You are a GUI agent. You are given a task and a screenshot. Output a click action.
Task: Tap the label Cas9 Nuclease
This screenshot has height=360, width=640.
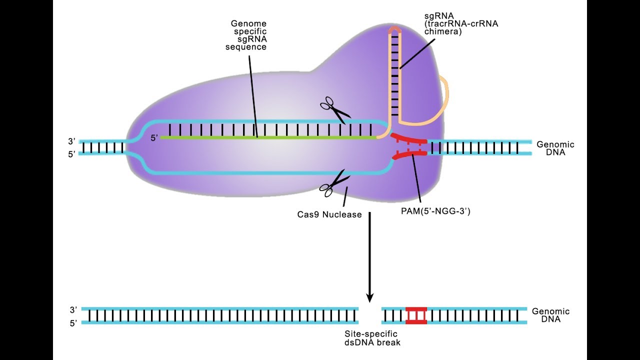coord(329,215)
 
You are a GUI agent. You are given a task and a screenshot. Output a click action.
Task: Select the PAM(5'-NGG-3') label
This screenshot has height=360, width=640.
coord(435,211)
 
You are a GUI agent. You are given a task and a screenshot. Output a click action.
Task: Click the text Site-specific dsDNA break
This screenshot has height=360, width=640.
coord(371,338)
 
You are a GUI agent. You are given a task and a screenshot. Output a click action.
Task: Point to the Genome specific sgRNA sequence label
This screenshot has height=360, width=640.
coord(248,35)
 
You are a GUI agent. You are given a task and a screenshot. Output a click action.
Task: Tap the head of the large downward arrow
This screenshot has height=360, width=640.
coord(370,297)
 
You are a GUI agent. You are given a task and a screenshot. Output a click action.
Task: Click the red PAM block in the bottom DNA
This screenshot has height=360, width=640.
coord(416,315)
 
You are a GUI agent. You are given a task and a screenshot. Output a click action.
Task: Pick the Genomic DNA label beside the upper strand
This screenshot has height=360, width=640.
coord(555,148)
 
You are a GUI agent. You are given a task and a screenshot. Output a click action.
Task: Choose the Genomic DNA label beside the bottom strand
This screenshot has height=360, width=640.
coord(550,315)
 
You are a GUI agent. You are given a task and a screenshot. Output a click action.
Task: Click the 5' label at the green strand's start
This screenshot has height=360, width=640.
coord(154,137)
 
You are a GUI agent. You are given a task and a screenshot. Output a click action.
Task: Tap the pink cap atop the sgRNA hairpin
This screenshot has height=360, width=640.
coord(395,29)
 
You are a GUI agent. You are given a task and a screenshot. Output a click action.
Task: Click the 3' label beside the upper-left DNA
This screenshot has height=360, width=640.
coord(71,142)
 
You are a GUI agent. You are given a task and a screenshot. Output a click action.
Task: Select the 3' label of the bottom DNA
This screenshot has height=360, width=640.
coord(73,310)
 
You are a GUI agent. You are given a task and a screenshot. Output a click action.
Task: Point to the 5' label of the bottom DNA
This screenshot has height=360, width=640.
coord(73,323)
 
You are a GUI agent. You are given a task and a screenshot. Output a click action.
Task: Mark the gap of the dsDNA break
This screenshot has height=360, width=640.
coord(370,315)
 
